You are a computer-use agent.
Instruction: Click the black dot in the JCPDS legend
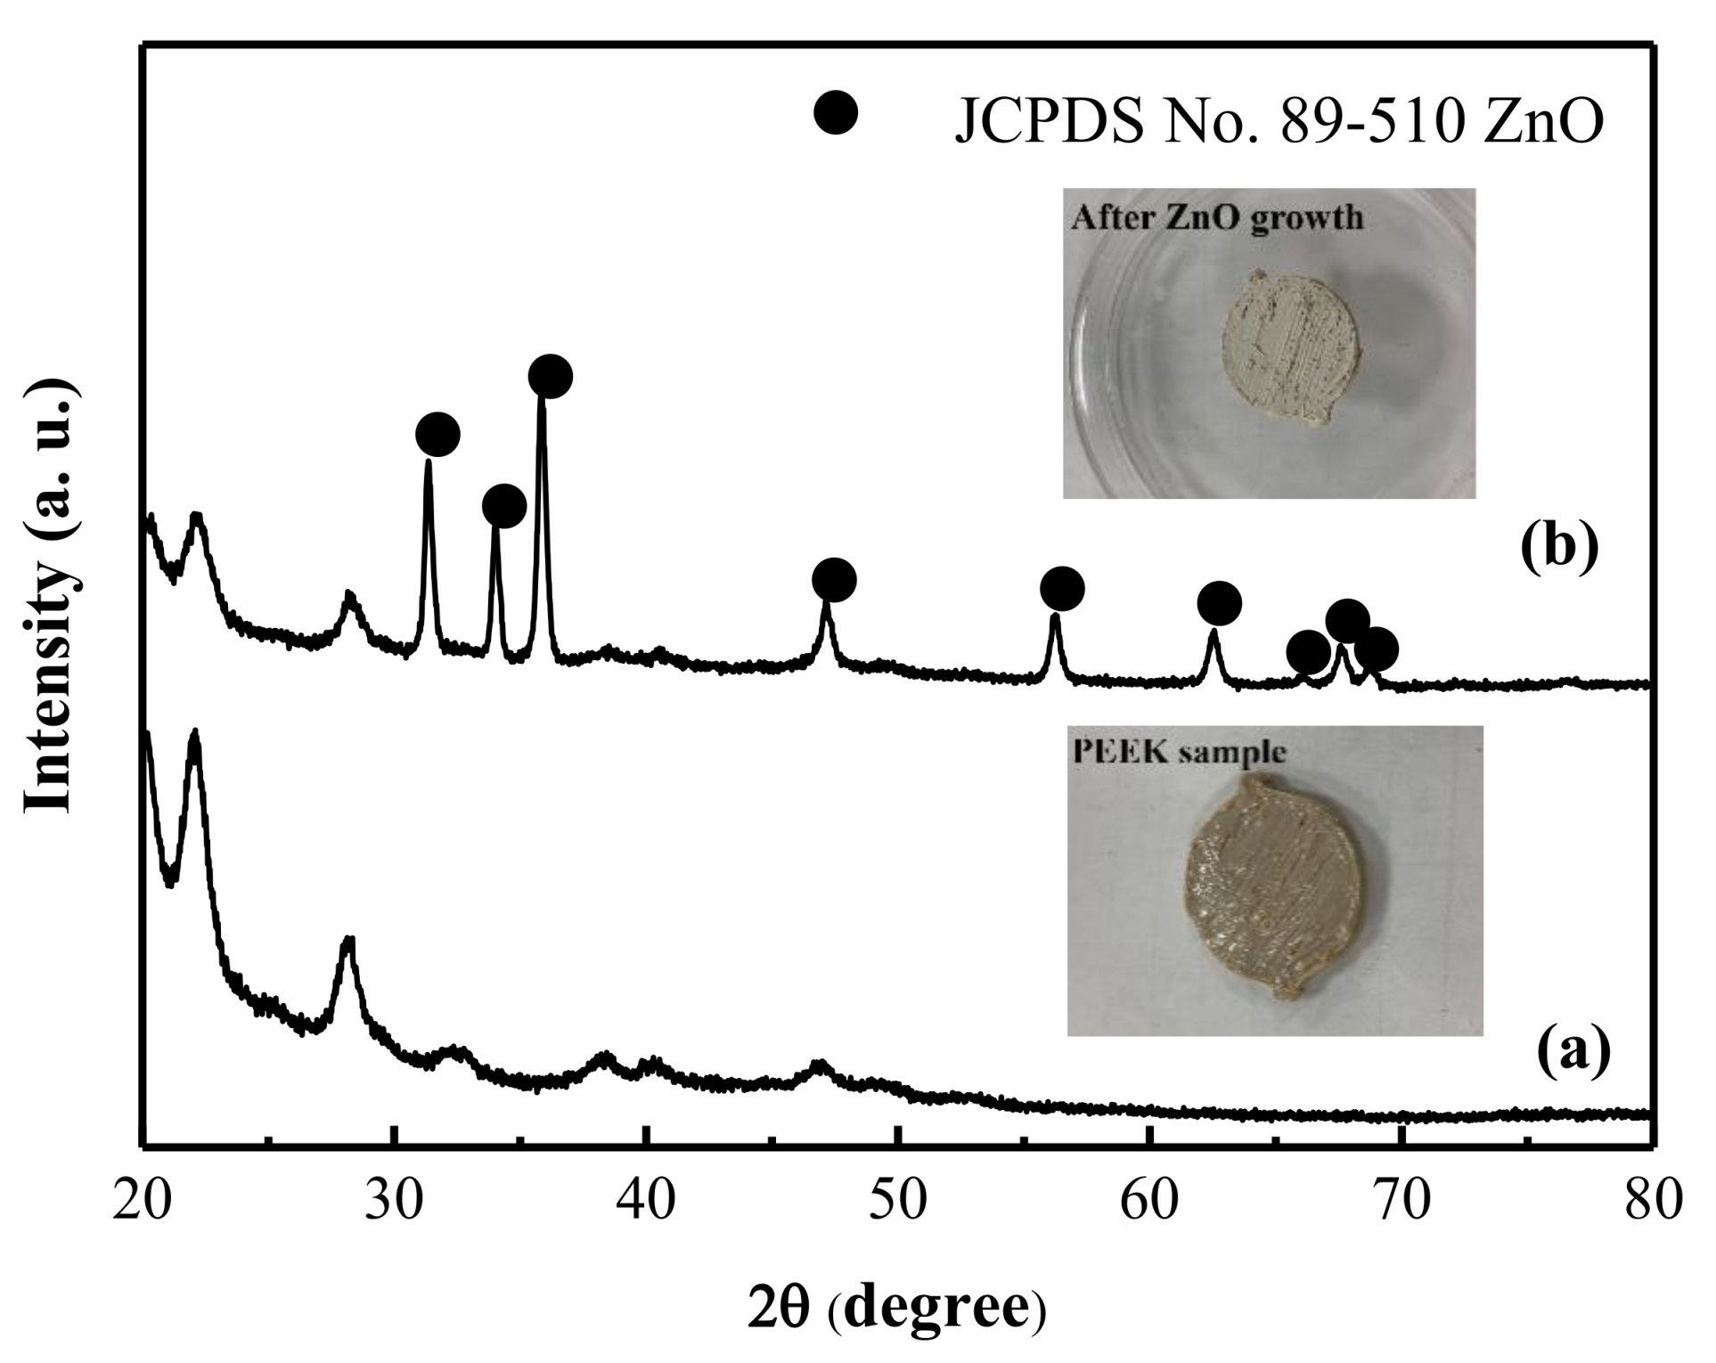pyautogui.click(x=835, y=112)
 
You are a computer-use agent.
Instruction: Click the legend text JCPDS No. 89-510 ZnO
pyautogui.click(x=1279, y=122)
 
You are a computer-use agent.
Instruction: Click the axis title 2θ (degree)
pyautogui.click(x=896, y=1307)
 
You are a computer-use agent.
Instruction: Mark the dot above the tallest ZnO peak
pyautogui.click(x=550, y=376)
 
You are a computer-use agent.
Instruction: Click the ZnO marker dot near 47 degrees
pyautogui.click(x=834, y=581)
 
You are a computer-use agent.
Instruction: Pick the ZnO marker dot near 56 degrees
pyautogui.click(x=1061, y=588)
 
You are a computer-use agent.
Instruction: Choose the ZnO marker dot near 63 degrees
pyautogui.click(x=1219, y=604)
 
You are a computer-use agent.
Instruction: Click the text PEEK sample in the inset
pyautogui.click(x=1178, y=752)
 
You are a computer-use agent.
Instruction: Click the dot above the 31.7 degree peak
pyautogui.click(x=437, y=435)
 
